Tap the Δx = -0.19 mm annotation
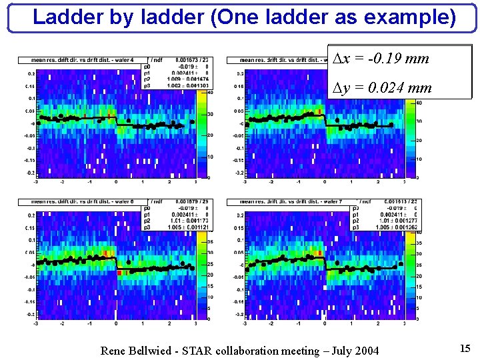click(x=381, y=59)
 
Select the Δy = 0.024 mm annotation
click(x=382, y=87)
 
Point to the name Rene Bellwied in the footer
click(x=138, y=351)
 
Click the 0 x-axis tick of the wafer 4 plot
click(x=116, y=182)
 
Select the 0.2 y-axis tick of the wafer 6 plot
click(x=31, y=216)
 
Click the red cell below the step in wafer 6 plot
click(x=119, y=273)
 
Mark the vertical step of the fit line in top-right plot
click(x=325, y=121)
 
